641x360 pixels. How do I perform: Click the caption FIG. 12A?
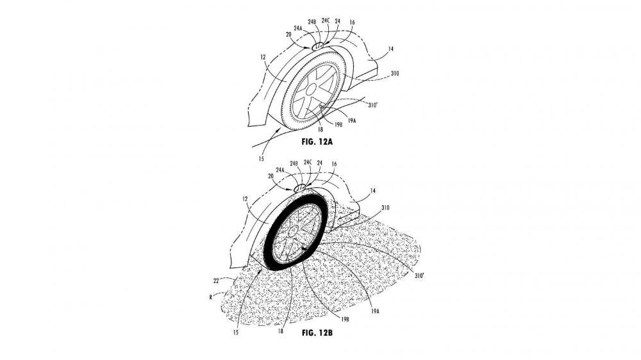click(x=317, y=142)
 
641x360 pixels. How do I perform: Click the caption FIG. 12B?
click(x=317, y=332)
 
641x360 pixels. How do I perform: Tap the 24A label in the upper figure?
click(x=297, y=29)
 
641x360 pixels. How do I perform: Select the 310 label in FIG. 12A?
click(x=395, y=74)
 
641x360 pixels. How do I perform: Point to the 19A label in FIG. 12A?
click(x=352, y=120)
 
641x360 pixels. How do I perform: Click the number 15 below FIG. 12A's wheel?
click(x=262, y=159)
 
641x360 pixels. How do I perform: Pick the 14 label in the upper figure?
click(x=391, y=49)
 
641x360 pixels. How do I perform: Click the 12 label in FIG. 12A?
click(x=263, y=58)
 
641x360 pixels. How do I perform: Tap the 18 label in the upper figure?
click(x=320, y=129)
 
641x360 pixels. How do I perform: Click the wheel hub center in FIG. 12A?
click(x=312, y=90)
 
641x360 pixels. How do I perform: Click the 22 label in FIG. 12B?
click(x=216, y=281)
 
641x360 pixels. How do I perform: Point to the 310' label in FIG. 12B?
click(x=419, y=276)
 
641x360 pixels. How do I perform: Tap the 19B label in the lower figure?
click(x=345, y=320)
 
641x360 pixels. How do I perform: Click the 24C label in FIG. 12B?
click(x=308, y=162)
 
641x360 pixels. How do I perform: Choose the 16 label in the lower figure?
click(x=334, y=164)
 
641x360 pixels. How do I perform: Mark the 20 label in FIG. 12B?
click(x=271, y=176)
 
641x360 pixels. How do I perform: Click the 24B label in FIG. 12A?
click(x=312, y=22)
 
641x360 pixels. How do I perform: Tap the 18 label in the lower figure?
click(x=281, y=331)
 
